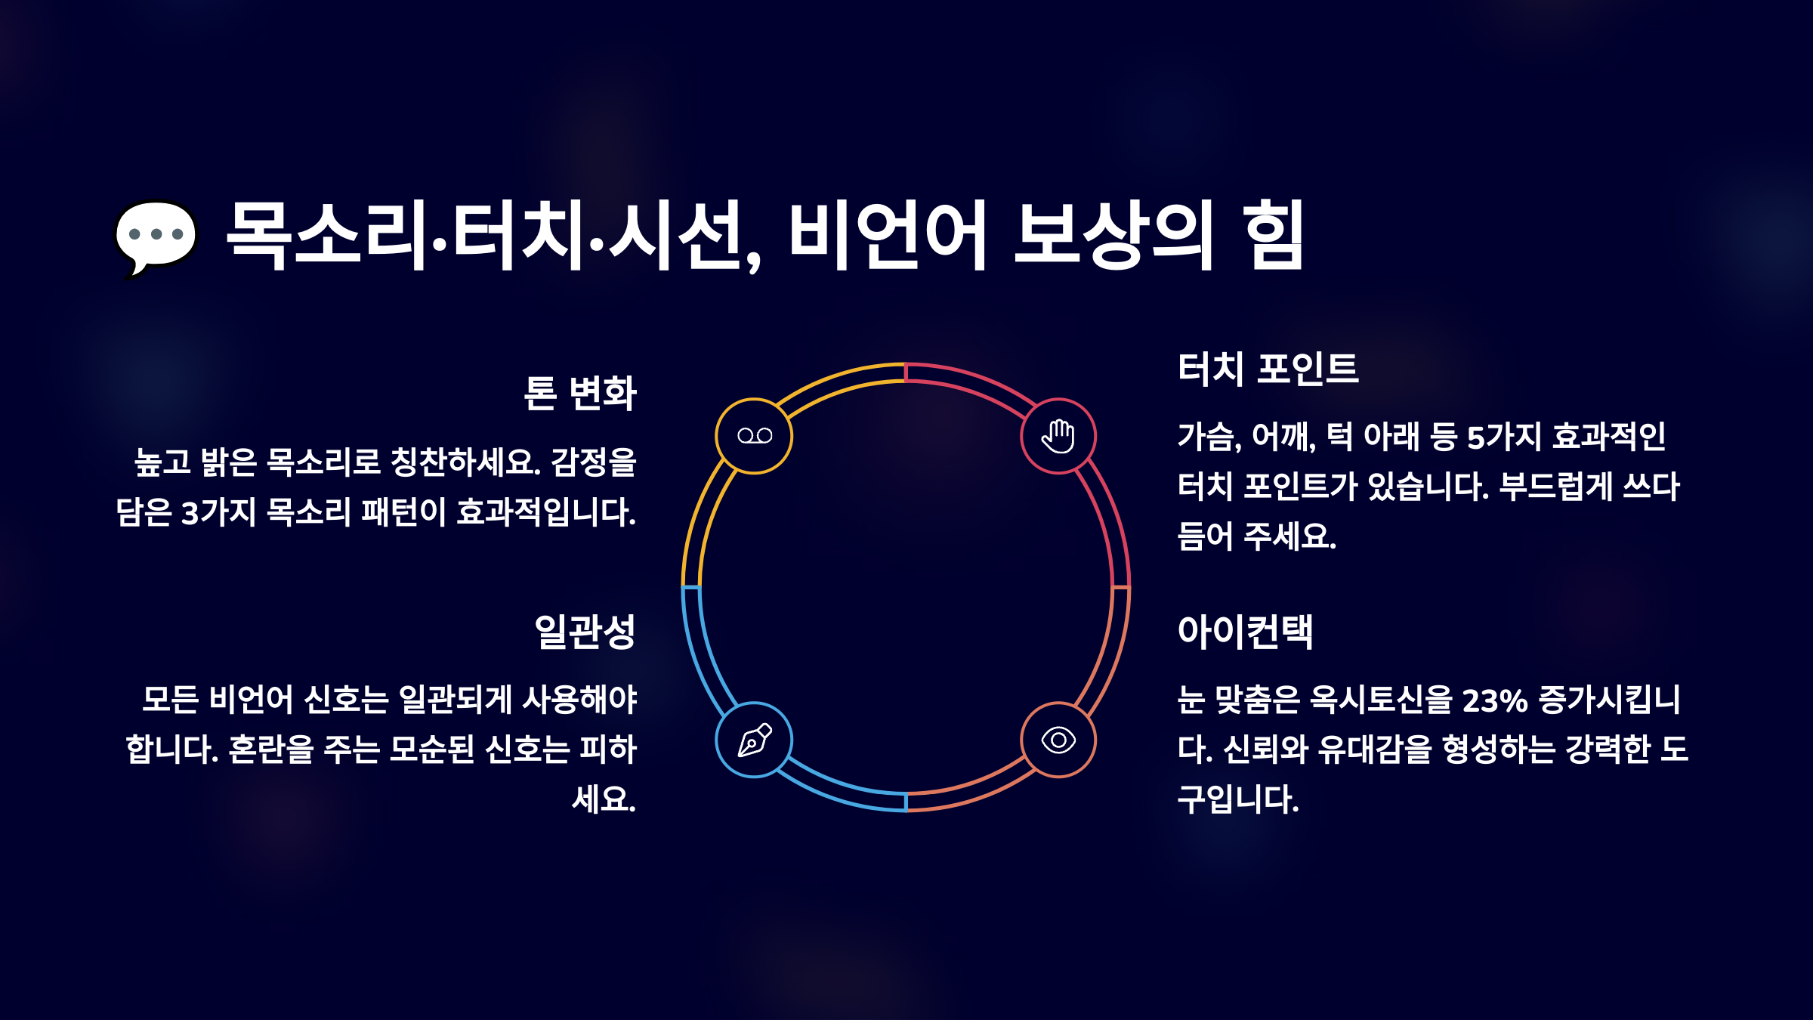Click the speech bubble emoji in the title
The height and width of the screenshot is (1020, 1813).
[x=156, y=236]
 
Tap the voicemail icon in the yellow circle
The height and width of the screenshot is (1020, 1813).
[x=754, y=436]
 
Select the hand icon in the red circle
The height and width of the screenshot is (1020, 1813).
[x=1058, y=436]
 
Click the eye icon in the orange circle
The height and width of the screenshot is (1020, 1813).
[x=1058, y=740]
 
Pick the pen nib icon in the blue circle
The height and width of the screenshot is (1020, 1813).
[x=754, y=740]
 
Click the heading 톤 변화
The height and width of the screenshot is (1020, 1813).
[x=580, y=393]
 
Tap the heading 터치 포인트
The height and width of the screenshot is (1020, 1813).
[x=1268, y=369]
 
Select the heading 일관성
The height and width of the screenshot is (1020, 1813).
[x=585, y=632]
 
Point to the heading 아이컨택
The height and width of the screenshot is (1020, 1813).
[x=1246, y=632]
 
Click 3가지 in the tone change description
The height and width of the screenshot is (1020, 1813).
[x=219, y=512]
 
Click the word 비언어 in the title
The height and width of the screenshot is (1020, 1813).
[x=888, y=236]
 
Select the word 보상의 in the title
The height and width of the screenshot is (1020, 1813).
[x=1113, y=236]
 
